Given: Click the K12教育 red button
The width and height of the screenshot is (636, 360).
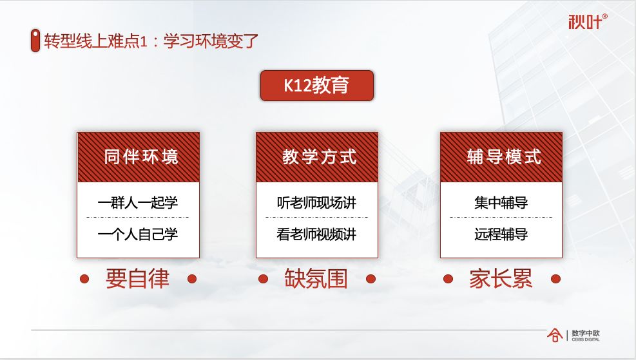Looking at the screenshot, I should (316, 86).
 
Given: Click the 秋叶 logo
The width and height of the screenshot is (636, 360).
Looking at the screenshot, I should (587, 21).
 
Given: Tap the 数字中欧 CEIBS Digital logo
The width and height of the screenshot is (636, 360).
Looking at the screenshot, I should (573, 335).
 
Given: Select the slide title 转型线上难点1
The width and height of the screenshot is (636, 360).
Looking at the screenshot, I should (152, 41).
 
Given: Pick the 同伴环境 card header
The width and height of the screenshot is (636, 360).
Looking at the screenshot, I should (138, 157).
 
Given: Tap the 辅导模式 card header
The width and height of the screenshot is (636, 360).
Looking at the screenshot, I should (501, 157).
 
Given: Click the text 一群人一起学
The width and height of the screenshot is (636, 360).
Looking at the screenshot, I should (138, 202).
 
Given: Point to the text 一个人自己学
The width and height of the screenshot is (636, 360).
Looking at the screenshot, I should (138, 234).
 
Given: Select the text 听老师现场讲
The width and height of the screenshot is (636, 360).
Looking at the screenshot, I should (316, 202).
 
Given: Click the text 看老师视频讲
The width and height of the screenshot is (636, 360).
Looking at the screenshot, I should (316, 234).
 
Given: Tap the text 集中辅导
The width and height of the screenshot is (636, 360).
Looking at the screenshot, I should (501, 202).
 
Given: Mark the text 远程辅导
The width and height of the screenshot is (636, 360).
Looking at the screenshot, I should (501, 234).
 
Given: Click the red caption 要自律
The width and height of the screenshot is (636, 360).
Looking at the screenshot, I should (137, 279).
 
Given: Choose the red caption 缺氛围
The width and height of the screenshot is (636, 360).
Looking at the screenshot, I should (316, 279).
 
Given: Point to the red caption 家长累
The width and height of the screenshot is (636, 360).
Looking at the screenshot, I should (501, 279).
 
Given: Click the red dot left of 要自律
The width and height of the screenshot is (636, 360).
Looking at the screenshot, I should (84, 279).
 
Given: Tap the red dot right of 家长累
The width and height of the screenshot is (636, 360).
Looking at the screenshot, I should (555, 279).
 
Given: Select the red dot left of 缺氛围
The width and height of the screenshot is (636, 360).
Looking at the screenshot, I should (263, 279).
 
